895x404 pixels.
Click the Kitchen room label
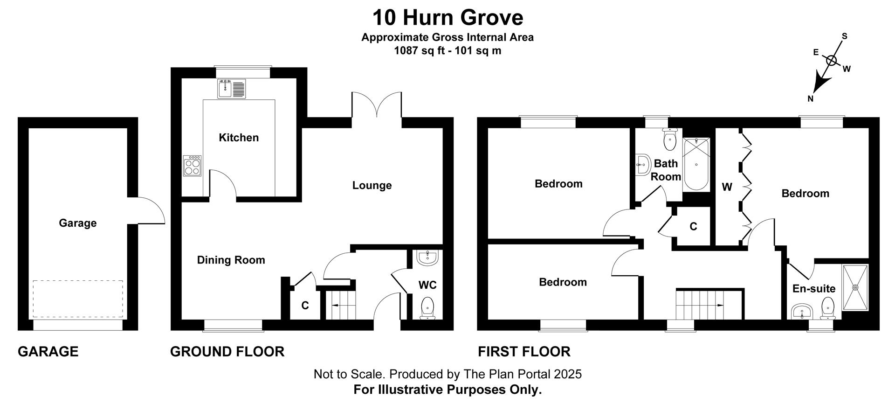[239, 138]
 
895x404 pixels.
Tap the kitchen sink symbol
[232, 89]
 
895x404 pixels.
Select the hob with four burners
[192, 166]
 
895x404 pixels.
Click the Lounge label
[372, 186]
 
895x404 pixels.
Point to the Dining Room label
[231, 260]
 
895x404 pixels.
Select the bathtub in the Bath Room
[696, 164]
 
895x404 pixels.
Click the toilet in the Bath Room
[670, 140]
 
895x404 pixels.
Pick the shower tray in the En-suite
[855, 287]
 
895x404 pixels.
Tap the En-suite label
[814, 289]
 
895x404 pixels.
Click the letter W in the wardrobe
[727, 188]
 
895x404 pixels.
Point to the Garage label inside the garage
[77, 223]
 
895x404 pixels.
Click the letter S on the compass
[844, 36]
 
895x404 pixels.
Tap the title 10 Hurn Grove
[447, 18]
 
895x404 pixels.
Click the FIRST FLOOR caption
[524, 351]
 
